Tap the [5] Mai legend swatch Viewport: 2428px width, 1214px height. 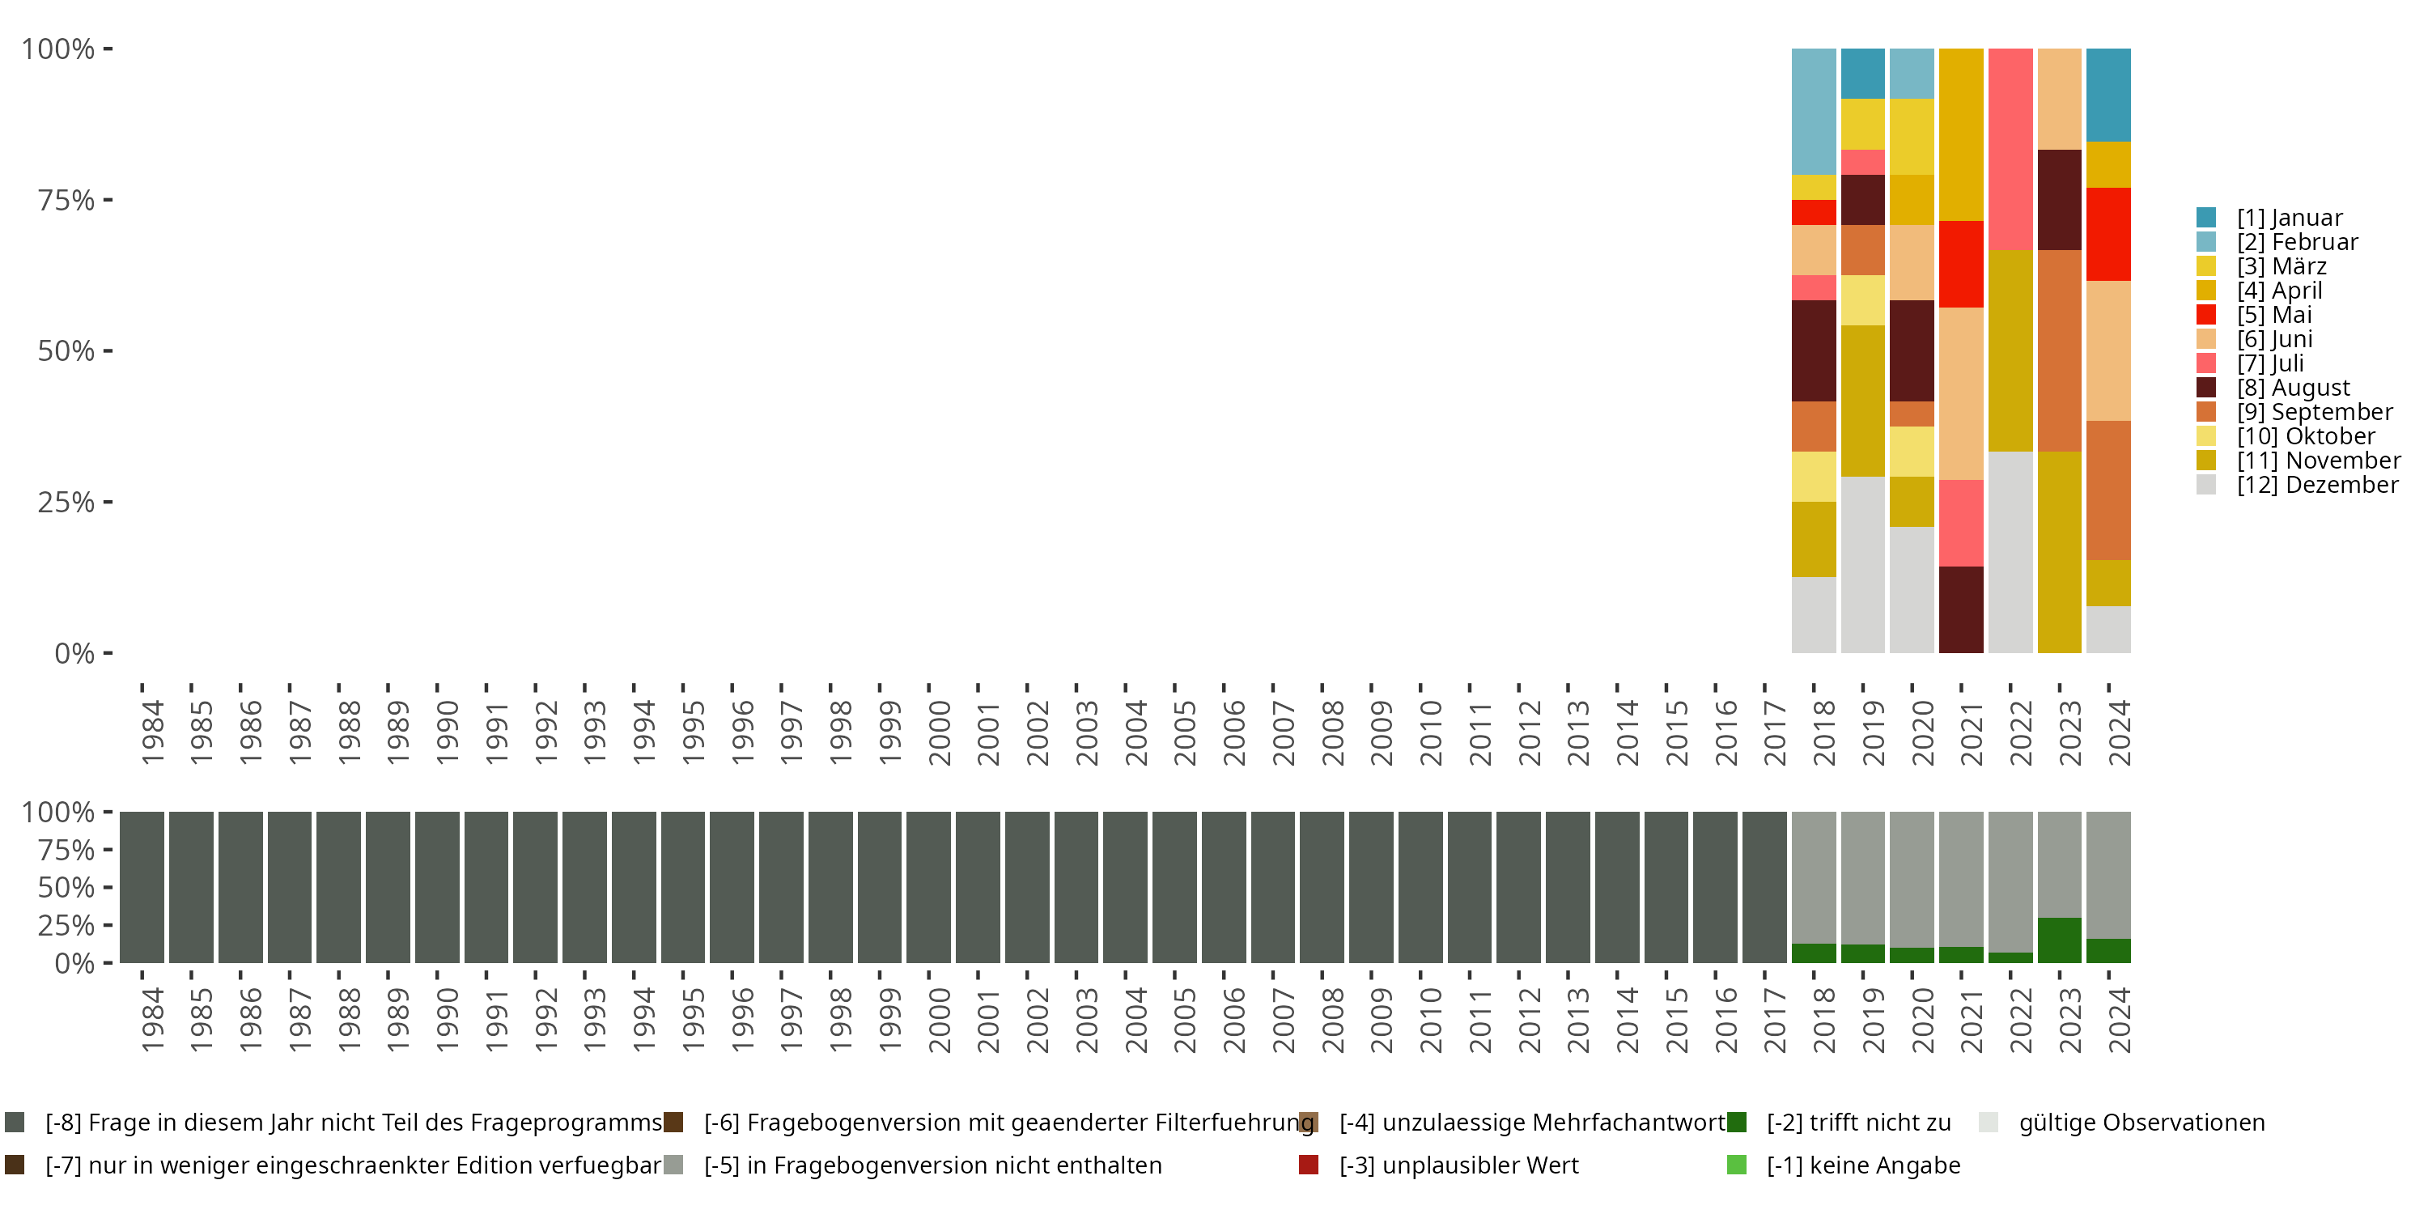coord(2205,315)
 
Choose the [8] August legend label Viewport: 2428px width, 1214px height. coord(2292,388)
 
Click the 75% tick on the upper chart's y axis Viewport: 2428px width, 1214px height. coord(66,200)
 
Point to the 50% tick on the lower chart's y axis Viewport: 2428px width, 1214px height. coord(66,888)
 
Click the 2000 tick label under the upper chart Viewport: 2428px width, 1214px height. coord(939,732)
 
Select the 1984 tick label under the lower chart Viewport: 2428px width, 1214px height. coord(152,1020)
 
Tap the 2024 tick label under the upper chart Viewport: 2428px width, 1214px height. coord(2118,732)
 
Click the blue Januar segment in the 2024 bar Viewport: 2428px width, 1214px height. coord(2108,94)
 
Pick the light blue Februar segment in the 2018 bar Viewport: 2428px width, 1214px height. coord(1814,111)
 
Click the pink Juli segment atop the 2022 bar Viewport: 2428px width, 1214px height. coord(2010,149)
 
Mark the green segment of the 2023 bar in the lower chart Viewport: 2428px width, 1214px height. coord(2060,940)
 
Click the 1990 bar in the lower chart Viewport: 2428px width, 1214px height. coord(437,887)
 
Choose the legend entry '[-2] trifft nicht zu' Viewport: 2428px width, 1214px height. coord(1857,1123)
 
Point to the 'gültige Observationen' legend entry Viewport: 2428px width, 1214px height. coord(2140,1123)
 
